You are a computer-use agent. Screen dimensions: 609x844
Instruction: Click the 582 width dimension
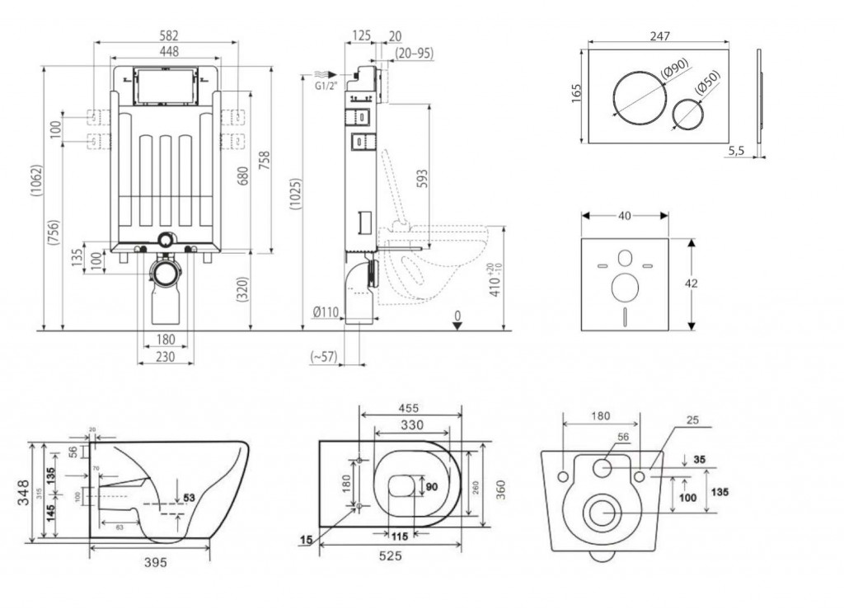tap(168, 35)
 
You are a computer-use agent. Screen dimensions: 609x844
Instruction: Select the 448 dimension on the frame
tap(167, 51)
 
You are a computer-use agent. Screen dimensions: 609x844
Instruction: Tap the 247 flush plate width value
tap(659, 35)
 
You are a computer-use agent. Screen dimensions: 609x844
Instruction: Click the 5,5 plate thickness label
tap(738, 151)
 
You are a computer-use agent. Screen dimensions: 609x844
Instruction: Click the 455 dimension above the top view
tap(410, 408)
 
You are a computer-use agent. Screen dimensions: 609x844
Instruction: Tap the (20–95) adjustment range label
tap(414, 53)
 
